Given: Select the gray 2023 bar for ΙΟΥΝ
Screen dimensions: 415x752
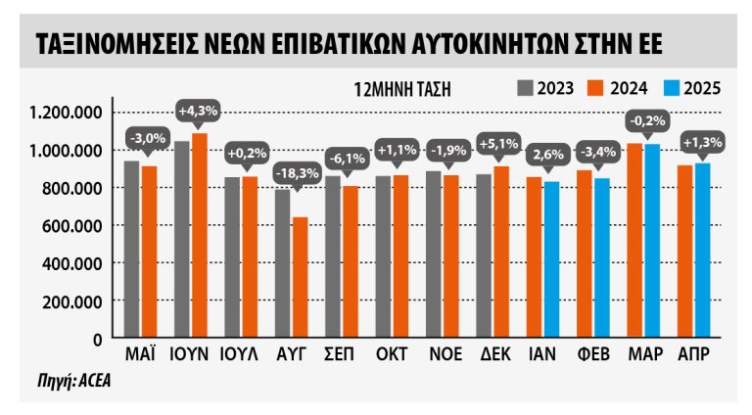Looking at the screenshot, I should click(x=182, y=240).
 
